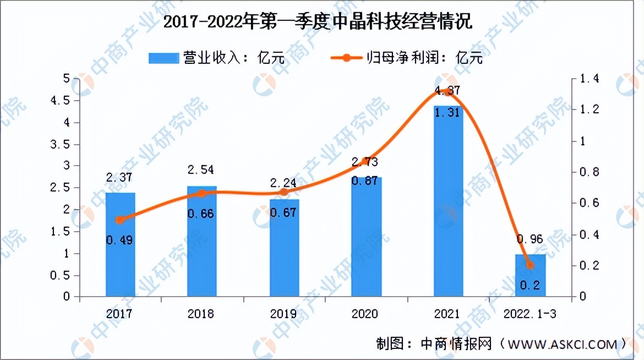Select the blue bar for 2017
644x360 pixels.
(x=120, y=244)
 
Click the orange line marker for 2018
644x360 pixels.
(x=201, y=193)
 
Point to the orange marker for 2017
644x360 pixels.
(x=120, y=220)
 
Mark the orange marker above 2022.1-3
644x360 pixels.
(x=530, y=265)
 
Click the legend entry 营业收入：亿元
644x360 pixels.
(x=218, y=57)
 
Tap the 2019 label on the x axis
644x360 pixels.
(x=283, y=314)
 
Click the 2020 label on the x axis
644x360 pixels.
(x=365, y=314)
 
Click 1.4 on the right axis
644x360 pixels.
(x=585, y=79)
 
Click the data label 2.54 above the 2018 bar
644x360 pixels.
(x=201, y=170)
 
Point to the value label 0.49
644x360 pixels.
(x=120, y=240)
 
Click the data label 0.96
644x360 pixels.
(x=530, y=239)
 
